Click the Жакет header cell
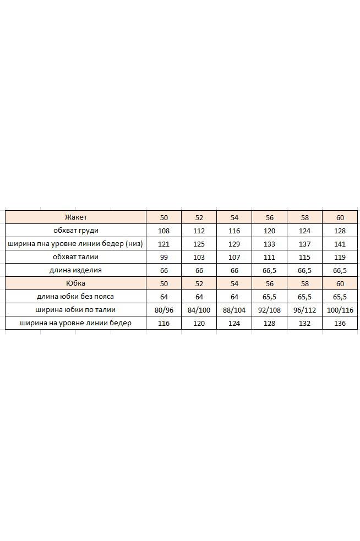[76, 217]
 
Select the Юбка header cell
[76, 283]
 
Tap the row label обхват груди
[76, 231]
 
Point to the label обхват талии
[76, 257]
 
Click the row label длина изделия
[76, 270]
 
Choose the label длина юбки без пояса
[76, 297]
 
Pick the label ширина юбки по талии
[76, 310]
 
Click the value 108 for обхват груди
[164, 231]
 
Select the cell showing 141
[340, 244]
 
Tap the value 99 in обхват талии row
[164, 257]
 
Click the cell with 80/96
[164, 310]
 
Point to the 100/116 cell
[340, 310]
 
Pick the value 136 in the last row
[340, 323]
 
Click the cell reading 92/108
[270, 310]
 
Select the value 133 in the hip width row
[270, 244]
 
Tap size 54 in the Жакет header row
[234, 217]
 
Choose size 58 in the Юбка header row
[305, 283]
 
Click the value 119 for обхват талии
[340, 257]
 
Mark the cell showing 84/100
[199, 310]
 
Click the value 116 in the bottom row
[164, 323]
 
